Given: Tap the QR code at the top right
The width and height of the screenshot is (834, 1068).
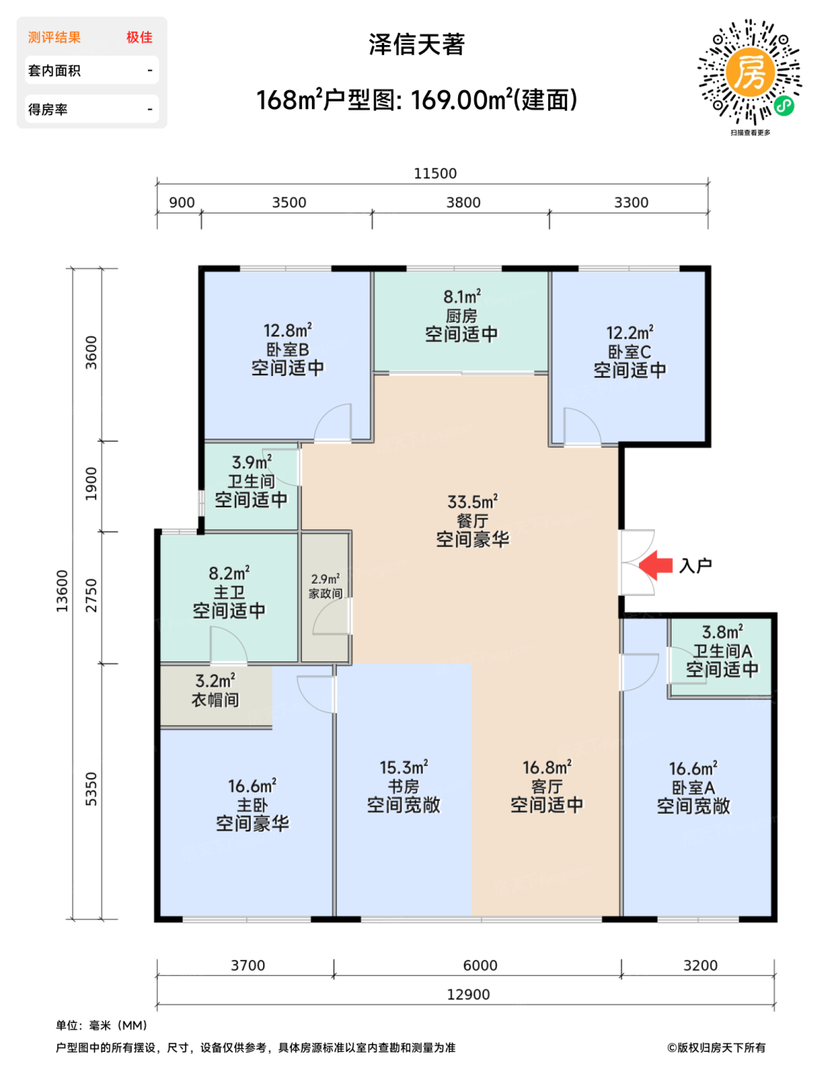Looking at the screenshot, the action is coord(749,72).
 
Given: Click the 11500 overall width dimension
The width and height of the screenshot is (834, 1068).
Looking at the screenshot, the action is coord(435,173).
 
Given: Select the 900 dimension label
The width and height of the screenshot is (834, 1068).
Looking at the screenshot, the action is coord(181,202).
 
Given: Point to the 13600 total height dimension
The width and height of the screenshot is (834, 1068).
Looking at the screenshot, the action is coord(62,590).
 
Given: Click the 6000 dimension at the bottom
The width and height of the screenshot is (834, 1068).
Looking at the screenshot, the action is coord(480,965).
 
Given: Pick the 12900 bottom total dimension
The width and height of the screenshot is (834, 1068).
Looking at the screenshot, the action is coord(468,994).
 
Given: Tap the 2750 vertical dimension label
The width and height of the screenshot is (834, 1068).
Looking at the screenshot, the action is coord(91,595).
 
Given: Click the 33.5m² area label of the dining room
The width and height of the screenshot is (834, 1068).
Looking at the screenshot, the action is coord(473,502).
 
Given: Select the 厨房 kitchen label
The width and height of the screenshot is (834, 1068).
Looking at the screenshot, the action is coord(461,316).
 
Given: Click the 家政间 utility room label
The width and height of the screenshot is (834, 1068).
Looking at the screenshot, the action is coord(326,594).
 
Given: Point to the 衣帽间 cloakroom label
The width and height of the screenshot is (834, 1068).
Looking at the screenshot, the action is coord(215,700).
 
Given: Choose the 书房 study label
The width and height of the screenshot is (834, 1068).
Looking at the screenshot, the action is coord(404,787).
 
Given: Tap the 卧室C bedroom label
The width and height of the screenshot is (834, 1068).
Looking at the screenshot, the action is coord(630,352).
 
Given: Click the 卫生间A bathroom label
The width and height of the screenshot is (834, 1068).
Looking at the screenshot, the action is coord(723,651).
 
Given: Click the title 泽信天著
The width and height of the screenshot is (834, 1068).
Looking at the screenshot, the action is coord(416,44).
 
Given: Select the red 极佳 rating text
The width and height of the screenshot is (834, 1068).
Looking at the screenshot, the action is coord(140,37).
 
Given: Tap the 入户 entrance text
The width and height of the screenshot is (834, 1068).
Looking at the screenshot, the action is coord(695,566).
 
